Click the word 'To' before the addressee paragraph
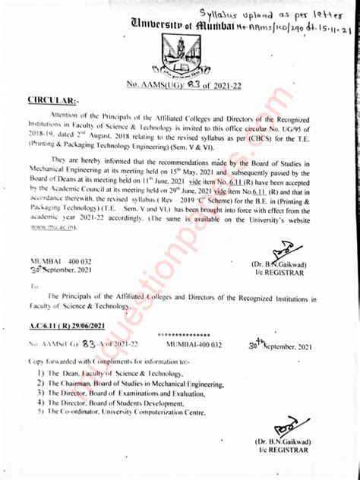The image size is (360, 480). click(x=35, y=286)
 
